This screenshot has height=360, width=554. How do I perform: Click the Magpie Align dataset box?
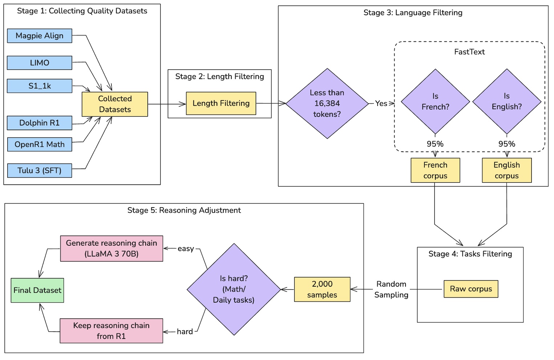point(40,36)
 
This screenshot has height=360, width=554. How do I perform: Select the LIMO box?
point(40,63)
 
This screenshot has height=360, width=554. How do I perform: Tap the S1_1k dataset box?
point(40,86)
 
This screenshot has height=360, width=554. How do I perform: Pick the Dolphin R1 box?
point(40,123)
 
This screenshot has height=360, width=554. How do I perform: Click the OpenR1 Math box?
point(40,144)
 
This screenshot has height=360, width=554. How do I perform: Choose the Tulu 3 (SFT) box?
point(40,171)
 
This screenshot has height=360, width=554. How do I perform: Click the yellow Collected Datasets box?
point(115,104)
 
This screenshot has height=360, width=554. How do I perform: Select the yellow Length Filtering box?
point(221,103)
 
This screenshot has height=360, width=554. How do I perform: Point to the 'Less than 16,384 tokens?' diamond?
point(327,103)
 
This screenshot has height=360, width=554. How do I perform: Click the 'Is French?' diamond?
point(435,102)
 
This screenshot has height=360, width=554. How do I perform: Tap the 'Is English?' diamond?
point(506,102)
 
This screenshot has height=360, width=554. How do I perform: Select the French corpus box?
point(435,170)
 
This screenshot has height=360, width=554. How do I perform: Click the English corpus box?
point(506,170)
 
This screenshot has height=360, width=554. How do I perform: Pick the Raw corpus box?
point(471,289)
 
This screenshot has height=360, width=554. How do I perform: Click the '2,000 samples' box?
point(322,289)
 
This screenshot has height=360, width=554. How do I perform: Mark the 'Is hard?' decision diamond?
point(234,289)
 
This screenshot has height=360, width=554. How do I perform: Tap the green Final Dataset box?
point(37,290)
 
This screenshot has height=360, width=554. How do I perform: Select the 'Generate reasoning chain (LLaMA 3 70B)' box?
point(111,249)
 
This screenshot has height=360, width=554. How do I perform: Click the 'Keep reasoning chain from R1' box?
point(111,331)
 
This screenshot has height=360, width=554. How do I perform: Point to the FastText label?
point(469,52)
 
